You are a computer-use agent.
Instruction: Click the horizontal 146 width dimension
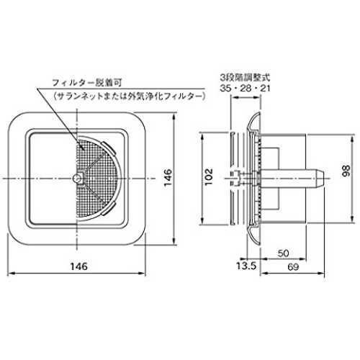tap(78, 266)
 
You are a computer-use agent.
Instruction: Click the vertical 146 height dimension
tap(168, 177)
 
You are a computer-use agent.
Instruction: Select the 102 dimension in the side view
tap(209, 176)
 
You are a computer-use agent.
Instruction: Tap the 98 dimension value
tap(346, 171)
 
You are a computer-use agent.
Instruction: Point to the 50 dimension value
tap(283, 253)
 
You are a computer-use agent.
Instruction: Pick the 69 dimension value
tap(293, 267)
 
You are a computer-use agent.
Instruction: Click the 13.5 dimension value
tap(246, 266)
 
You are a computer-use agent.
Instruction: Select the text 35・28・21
tap(245, 89)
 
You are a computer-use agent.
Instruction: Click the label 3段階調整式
tap(245, 77)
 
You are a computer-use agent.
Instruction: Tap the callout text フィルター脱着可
tap(87, 83)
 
